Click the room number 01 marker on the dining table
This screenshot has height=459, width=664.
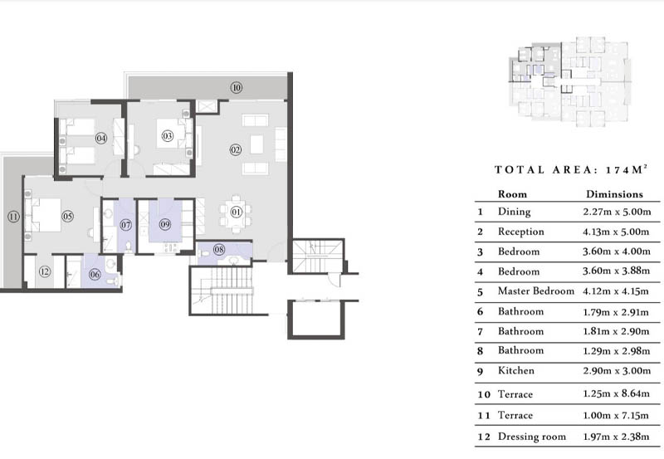point(236,211)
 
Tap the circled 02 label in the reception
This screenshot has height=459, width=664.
point(236,149)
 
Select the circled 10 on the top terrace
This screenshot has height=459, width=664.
point(237,87)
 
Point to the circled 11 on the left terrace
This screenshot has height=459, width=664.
point(13,217)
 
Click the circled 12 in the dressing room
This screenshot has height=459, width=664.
point(45,272)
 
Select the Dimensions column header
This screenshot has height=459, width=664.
point(612,194)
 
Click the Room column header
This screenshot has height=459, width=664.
point(512,194)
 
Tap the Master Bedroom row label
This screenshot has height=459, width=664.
point(535,291)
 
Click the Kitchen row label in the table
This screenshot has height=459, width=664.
point(515,371)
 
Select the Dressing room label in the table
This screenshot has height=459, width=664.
point(531,437)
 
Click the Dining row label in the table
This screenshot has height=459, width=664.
point(514,212)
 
